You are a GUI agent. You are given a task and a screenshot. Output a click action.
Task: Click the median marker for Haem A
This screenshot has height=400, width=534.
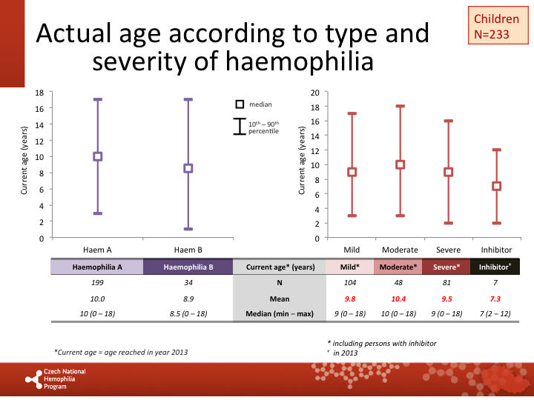click(97, 156)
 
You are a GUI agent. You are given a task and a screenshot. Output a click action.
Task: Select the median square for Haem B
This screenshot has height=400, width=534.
click(188, 168)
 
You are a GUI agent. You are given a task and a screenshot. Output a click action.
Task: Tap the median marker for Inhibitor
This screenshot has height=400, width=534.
click(496, 186)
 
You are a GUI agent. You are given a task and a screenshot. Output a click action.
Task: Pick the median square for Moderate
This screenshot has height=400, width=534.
click(400, 164)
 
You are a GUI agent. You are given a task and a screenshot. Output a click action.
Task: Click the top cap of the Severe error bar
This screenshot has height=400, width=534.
click(449, 121)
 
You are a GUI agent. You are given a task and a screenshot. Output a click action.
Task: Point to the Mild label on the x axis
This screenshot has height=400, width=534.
click(352, 250)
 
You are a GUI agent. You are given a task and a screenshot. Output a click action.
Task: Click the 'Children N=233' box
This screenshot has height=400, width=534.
click(491, 25)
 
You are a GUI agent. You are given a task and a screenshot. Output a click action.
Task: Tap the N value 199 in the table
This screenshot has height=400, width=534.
click(97, 282)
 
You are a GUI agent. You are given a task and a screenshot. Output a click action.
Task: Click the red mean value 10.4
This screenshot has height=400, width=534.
click(400, 299)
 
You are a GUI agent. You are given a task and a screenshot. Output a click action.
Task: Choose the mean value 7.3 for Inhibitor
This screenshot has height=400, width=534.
click(496, 299)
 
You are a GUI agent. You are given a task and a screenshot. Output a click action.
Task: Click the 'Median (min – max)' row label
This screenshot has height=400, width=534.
click(280, 314)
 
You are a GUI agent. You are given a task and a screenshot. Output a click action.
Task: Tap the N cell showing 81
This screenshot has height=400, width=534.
click(447, 282)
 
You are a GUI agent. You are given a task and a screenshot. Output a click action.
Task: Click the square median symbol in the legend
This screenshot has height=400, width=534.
click(240, 104)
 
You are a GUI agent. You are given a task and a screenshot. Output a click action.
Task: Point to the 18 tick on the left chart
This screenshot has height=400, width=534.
click(39, 93)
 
